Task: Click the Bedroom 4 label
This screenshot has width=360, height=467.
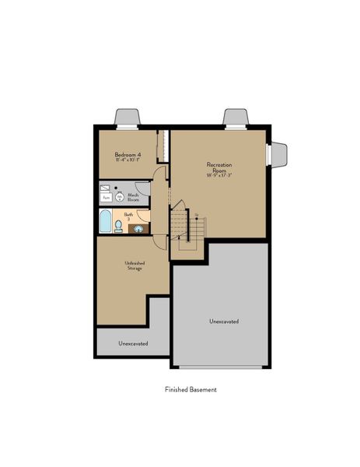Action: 128,155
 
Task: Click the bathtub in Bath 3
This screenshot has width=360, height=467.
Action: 105,222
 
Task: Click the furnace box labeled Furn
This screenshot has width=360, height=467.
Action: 105,198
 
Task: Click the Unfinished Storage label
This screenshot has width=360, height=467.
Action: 135,266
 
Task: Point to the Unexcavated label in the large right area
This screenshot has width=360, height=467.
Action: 223,321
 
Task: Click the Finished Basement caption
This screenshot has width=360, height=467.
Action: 190,389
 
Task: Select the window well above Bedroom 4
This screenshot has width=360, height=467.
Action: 128,118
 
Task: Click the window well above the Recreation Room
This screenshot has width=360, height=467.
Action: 236,118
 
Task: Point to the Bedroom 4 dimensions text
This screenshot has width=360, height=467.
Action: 128,161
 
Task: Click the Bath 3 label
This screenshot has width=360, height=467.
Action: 129,216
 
